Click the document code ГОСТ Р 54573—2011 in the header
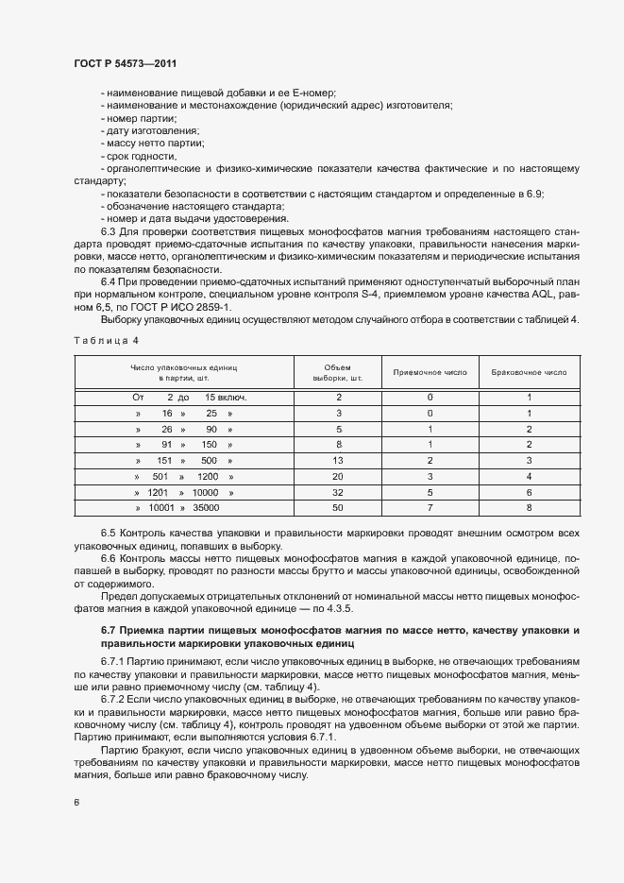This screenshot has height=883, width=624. (x=125, y=63)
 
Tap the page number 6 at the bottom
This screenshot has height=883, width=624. (x=76, y=803)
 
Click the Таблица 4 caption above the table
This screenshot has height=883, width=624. (x=106, y=339)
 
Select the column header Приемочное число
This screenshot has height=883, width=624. (x=429, y=372)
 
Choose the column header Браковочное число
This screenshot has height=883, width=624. (x=529, y=372)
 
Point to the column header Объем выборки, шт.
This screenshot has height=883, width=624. (x=338, y=372)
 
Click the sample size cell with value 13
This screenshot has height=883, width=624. (x=338, y=460)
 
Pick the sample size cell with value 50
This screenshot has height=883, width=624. (x=338, y=508)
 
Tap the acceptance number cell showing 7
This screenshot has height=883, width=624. (x=429, y=508)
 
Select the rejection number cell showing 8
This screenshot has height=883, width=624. (x=529, y=508)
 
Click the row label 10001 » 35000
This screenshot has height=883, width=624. (x=184, y=508)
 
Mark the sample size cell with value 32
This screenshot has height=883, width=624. (x=338, y=492)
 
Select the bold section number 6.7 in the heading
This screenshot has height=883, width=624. (x=110, y=630)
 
